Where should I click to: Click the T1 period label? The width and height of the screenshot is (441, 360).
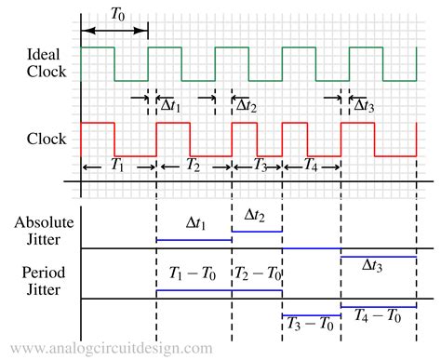coord(117,166)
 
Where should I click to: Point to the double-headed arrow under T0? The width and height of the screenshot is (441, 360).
coord(114,32)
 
